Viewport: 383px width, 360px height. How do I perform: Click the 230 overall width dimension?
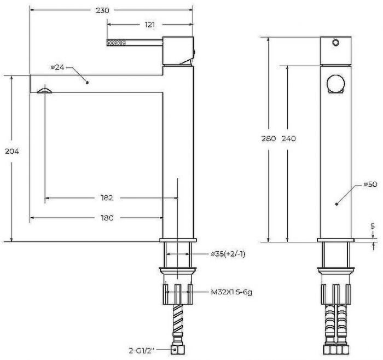[x=103, y=10]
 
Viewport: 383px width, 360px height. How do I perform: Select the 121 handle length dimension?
[x=150, y=25]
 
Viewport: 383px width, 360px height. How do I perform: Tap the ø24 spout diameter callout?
[x=57, y=67]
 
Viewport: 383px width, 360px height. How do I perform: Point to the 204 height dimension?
[x=12, y=152]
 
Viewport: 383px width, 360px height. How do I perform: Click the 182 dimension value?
[x=107, y=198]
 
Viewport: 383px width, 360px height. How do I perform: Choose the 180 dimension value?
[x=107, y=218]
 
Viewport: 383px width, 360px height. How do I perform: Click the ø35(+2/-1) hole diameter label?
[x=228, y=254]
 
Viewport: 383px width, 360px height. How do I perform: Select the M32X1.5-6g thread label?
[x=231, y=292]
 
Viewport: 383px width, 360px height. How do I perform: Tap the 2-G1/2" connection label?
[x=142, y=351]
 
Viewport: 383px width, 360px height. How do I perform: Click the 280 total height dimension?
[x=269, y=138]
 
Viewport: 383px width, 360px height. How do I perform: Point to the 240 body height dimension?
[x=289, y=138]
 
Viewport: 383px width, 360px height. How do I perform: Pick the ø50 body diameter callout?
[x=370, y=184]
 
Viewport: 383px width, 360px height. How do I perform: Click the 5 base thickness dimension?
[x=373, y=226]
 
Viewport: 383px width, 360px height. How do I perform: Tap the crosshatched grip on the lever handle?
[x=116, y=43]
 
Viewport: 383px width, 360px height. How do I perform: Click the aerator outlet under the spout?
[x=44, y=90]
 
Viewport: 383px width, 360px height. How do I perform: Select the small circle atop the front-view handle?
[x=335, y=43]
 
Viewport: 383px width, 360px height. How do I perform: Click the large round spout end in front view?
[x=336, y=83]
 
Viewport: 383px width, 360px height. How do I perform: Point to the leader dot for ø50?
[x=336, y=204]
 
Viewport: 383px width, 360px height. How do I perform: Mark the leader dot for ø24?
[x=87, y=83]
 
